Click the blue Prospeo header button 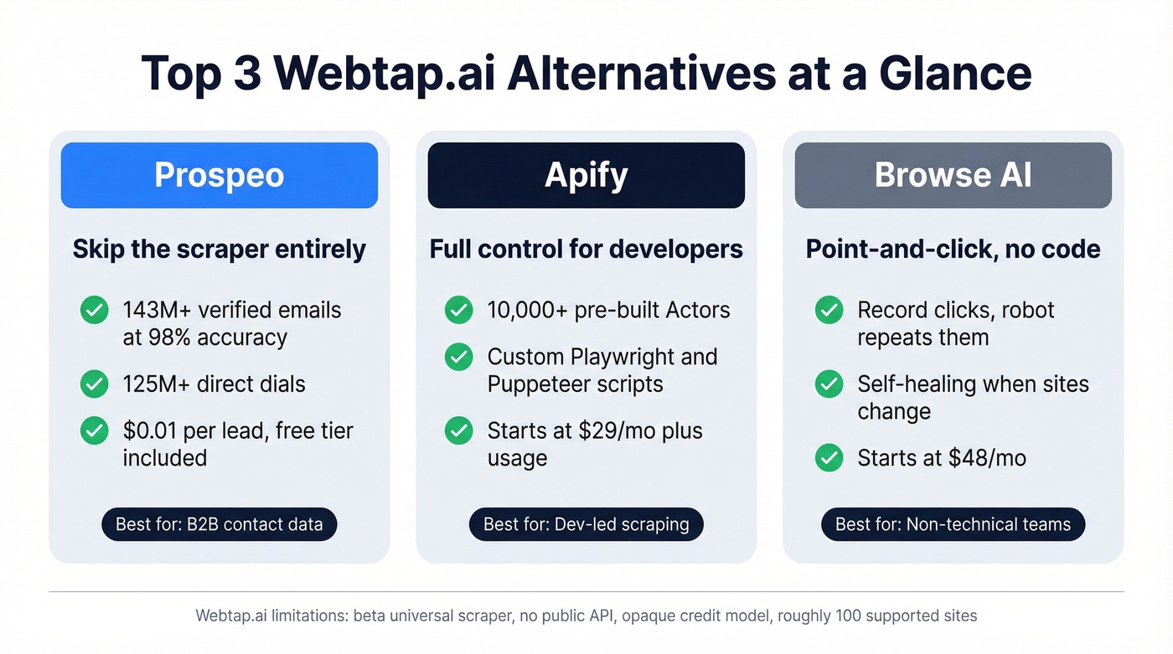(219, 175)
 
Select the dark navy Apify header (586, 175)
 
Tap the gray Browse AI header (953, 175)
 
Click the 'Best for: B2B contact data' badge (219, 525)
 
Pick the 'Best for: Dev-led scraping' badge (586, 525)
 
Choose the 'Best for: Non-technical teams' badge (953, 525)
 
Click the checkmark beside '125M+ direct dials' (94, 384)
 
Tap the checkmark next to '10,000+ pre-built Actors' (458, 310)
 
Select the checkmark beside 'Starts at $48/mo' (829, 458)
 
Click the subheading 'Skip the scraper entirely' (219, 250)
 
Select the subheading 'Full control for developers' (586, 250)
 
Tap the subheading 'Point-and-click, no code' (953, 250)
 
